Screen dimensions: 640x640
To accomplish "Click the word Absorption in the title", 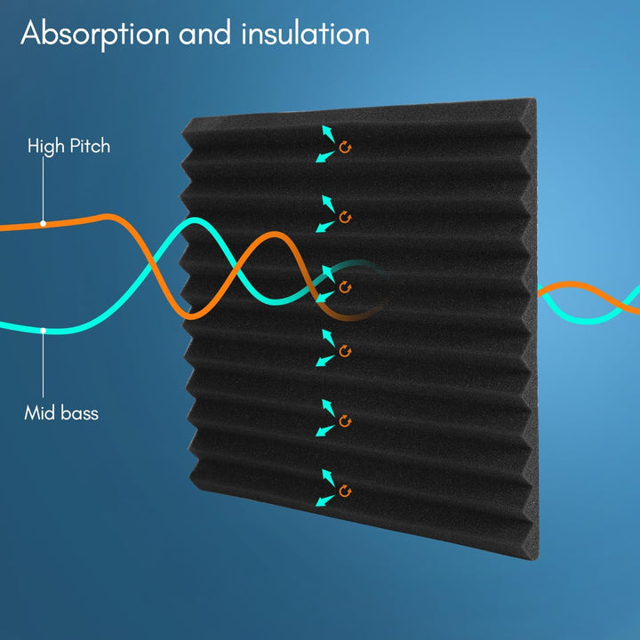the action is (x=95, y=35).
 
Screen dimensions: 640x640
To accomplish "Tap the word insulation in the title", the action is (x=305, y=33).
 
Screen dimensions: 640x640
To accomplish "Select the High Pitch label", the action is (x=68, y=146).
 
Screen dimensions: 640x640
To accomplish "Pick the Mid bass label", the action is (x=61, y=413).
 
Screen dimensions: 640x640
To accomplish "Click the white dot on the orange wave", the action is (x=43, y=224).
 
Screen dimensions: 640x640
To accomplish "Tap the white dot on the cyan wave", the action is (x=43, y=331).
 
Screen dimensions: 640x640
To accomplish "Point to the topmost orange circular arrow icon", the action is (x=345, y=148).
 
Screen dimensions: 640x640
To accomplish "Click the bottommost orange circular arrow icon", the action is (x=345, y=492).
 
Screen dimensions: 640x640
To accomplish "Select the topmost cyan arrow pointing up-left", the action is (x=328, y=134).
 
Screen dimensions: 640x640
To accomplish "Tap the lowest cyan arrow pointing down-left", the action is (x=325, y=500).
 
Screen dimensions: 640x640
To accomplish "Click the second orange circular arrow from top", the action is (x=345, y=217).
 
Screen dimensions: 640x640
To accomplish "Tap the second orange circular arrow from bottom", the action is (x=345, y=421).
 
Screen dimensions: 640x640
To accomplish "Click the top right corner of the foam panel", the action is (x=535, y=99).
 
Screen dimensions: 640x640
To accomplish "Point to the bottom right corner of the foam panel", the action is (x=536, y=558).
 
